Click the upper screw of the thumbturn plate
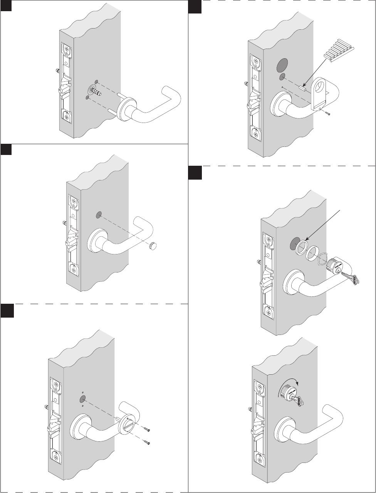(146, 429)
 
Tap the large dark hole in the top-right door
(283, 65)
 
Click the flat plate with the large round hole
(320, 94)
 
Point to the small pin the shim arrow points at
(302, 88)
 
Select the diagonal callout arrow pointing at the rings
(322, 225)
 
